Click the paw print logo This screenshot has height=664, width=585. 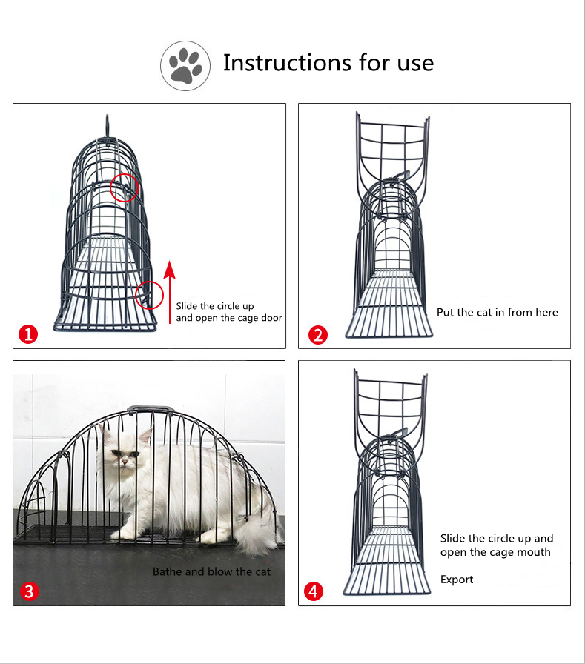pyautogui.click(x=185, y=66)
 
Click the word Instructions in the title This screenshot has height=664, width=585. pyautogui.click(x=286, y=63)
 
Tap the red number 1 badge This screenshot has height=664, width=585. pyautogui.click(x=28, y=334)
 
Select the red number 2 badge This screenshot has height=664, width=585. pyautogui.click(x=318, y=335)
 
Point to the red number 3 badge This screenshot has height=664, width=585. pyautogui.click(x=29, y=591)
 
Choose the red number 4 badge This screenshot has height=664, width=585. pyautogui.click(x=314, y=591)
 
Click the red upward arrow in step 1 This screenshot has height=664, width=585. pyautogui.click(x=170, y=292)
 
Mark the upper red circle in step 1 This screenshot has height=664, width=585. pyautogui.click(x=124, y=187)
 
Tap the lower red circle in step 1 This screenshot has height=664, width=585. pyautogui.click(x=149, y=295)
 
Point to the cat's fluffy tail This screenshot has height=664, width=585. pyautogui.click(x=257, y=534)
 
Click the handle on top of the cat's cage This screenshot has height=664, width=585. pyautogui.click(x=151, y=409)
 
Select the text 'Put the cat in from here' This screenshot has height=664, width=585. pyautogui.click(x=498, y=313)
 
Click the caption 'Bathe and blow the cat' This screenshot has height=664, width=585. pyautogui.click(x=211, y=571)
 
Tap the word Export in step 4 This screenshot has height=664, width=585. pyautogui.click(x=457, y=580)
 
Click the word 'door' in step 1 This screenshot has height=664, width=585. pyautogui.click(x=271, y=318)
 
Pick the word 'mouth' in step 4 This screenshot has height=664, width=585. pyautogui.click(x=533, y=552)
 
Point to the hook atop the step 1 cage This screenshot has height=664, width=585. pyautogui.click(x=108, y=126)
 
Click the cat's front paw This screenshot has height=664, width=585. pyautogui.click(x=122, y=535)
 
